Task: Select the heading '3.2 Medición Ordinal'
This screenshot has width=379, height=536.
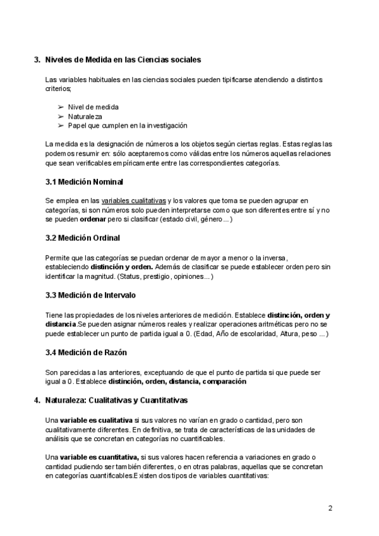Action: coord(83,238)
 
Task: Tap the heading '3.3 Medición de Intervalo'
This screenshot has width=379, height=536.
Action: coord(90,295)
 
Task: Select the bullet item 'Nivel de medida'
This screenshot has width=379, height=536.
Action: coord(93,107)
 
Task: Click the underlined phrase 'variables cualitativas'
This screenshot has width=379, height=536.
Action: coord(133,200)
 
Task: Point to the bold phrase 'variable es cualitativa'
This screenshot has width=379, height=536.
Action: coord(96,420)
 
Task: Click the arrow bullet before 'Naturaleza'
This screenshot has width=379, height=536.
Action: coord(61,116)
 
